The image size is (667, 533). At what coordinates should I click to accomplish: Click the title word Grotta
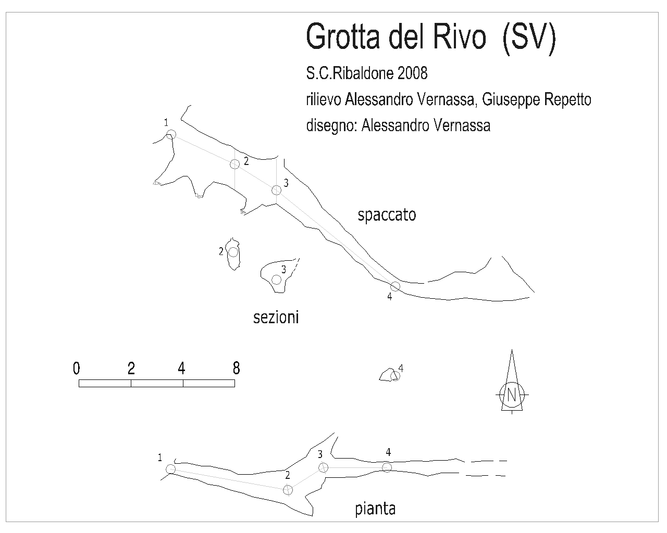[x=343, y=37]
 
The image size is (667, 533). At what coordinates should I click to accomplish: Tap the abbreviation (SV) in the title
[x=529, y=39]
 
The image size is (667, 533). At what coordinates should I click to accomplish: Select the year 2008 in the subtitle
[x=412, y=73]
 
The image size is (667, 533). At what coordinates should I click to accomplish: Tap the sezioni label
[x=276, y=318]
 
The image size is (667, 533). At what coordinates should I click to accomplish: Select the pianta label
[x=375, y=510]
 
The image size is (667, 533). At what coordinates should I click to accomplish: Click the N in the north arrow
[x=512, y=395]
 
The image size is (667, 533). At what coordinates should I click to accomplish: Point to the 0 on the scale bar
[x=77, y=368]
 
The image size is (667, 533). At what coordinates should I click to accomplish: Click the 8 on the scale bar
[x=236, y=368]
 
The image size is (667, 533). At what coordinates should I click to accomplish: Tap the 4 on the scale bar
[x=182, y=368]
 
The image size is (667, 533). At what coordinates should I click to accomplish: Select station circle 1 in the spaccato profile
[x=171, y=135]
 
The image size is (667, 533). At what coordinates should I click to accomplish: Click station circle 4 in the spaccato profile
[x=395, y=286]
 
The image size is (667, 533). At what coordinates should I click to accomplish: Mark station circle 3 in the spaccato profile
[x=276, y=190]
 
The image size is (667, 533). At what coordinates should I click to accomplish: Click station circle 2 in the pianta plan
[x=288, y=490]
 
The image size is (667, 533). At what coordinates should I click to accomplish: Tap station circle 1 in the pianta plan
[x=170, y=469]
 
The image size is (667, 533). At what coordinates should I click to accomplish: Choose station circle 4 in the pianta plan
[x=387, y=467]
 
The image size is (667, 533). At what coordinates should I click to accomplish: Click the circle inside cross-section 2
[x=233, y=252]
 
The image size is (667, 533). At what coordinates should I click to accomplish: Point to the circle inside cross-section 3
[x=276, y=280]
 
